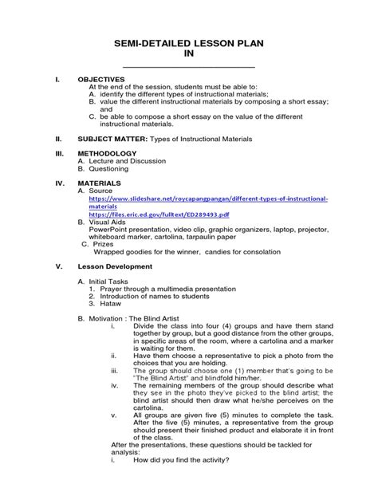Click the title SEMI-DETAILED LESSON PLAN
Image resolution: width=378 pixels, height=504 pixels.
pos(189,40)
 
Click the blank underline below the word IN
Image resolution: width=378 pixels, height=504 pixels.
pos(189,65)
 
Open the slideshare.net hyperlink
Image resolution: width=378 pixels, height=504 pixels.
pos(207,198)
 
